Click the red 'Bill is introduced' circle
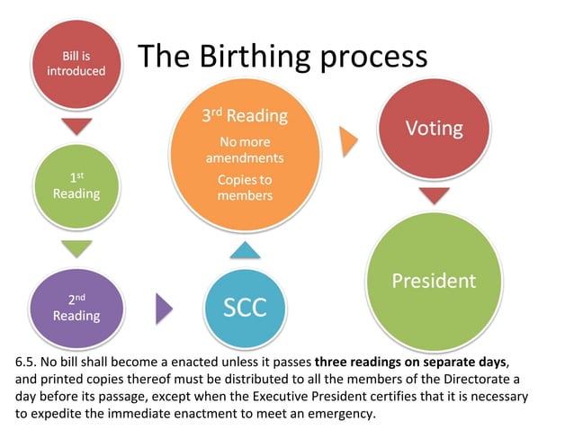[76, 63]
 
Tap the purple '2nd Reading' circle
[76, 308]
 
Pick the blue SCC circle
[245, 307]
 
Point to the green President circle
[434, 281]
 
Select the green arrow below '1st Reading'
[76, 247]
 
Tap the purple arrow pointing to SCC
[163, 309]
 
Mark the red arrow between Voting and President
[434, 194]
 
